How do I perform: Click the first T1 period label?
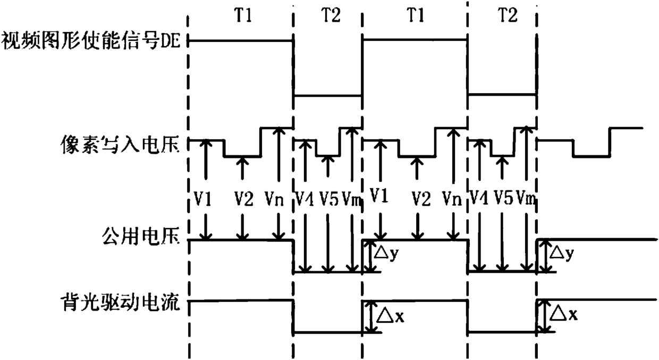(x=243, y=15)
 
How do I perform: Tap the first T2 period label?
(x=331, y=15)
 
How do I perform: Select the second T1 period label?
(x=416, y=15)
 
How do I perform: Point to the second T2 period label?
(x=508, y=15)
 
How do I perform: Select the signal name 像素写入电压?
(x=120, y=144)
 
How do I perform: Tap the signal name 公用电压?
(x=141, y=236)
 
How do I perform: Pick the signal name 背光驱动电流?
(x=120, y=302)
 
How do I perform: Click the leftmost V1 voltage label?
(x=202, y=198)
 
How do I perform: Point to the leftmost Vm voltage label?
(x=351, y=198)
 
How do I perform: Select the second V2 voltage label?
(x=421, y=198)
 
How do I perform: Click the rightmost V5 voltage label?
(x=503, y=197)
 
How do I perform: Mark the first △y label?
(x=386, y=253)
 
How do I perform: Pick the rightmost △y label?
(x=561, y=253)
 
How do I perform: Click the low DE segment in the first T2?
(x=327, y=95)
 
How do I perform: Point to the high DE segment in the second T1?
(x=415, y=39)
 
